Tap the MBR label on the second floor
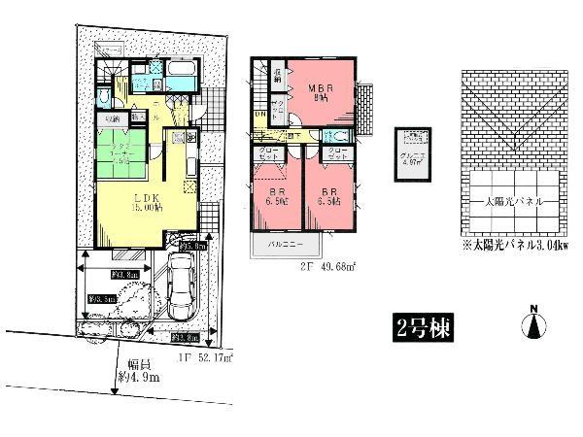[x=316, y=94]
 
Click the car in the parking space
[x=182, y=286]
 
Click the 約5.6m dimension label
[x=194, y=247]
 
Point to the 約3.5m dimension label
[x=101, y=299]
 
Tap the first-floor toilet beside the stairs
[x=105, y=100]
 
